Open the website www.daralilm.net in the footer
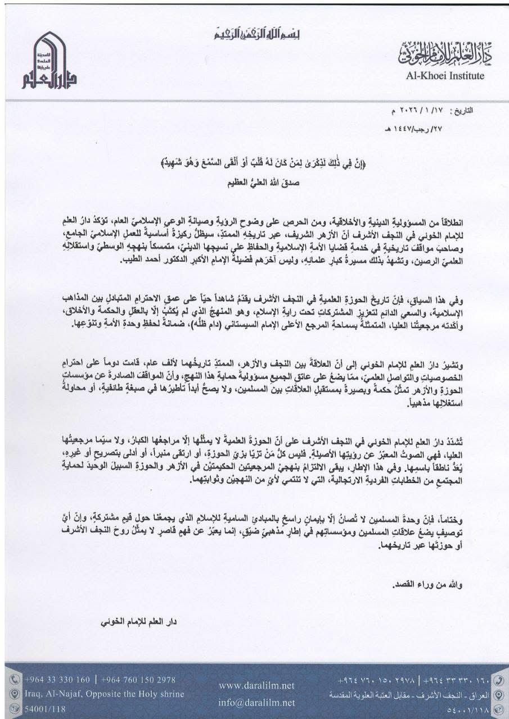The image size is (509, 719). (x=256, y=686)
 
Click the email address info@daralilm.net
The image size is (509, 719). (x=256, y=702)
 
